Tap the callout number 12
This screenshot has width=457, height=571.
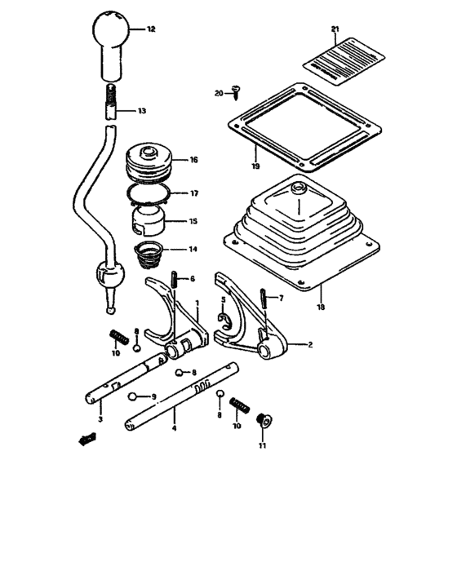(151, 29)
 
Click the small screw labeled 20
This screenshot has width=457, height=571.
(236, 91)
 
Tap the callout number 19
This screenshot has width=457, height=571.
(255, 166)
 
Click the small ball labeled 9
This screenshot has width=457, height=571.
(133, 396)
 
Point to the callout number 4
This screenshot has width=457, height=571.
(175, 427)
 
